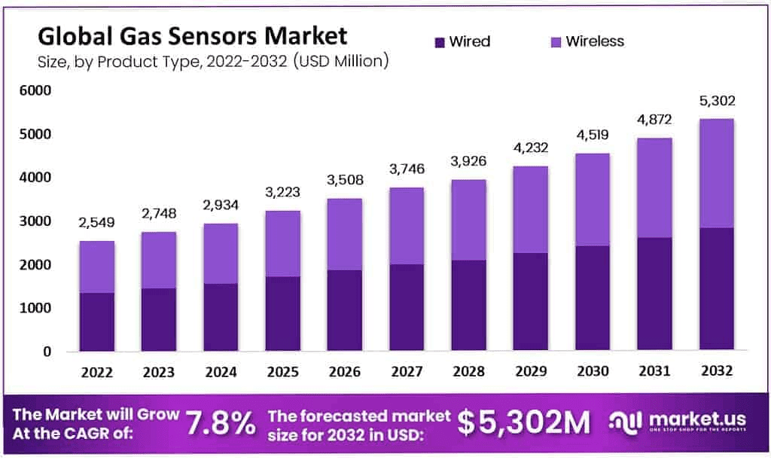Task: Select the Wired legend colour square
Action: [x=438, y=41]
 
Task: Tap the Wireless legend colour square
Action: [x=555, y=41]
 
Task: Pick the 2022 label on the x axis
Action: [x=96, y=372]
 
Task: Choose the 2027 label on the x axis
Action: [x=407, y=372]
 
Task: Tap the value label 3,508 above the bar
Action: [x=345, y=181]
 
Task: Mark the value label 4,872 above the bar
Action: [x=655, y=120]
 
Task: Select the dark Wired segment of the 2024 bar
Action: [x=221, y=316]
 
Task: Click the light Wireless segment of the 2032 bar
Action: [x=716, y=173]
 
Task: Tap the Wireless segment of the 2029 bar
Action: [x=531, y=209]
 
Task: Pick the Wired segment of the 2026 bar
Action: [x=345, y=309]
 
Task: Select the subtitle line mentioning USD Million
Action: [x=213, y=62]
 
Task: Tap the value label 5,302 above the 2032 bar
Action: [x=716, y=102]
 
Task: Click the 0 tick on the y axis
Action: [x=46, y=352]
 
